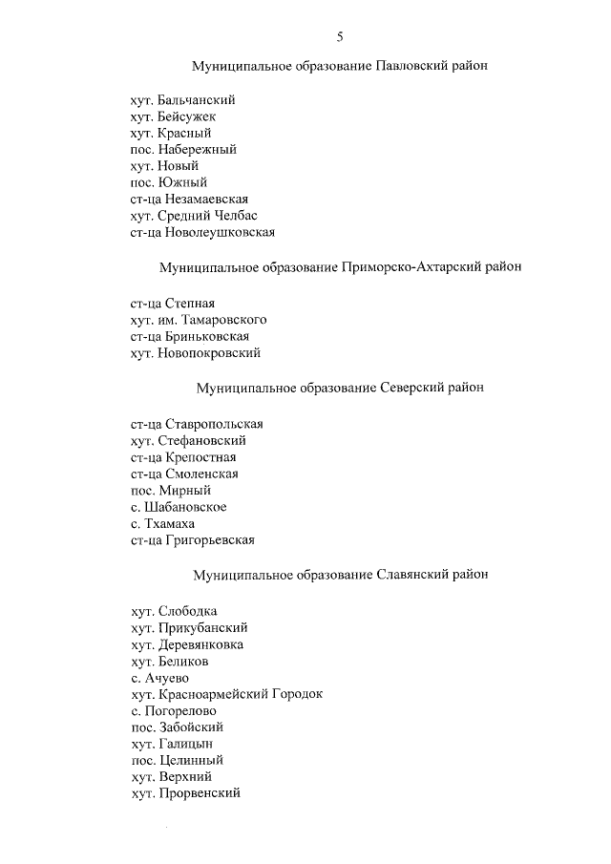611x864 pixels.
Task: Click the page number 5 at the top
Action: (340, 37)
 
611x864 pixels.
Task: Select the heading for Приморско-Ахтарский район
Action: (340, 267)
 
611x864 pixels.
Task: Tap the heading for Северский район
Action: (340, 389)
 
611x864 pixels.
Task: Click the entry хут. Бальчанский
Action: (182, 100)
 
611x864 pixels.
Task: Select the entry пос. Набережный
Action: (183, 150)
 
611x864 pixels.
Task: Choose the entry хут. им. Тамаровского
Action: (199, 320)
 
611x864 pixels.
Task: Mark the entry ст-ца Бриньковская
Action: (190, 336)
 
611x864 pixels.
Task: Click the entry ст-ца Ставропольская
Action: (197, 424)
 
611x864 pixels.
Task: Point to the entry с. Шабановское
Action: (179, 507)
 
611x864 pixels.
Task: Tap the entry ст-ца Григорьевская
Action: (192, 540)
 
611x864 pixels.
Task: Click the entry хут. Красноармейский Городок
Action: (226, 694)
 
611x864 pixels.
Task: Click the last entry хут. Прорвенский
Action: (185, 793)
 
